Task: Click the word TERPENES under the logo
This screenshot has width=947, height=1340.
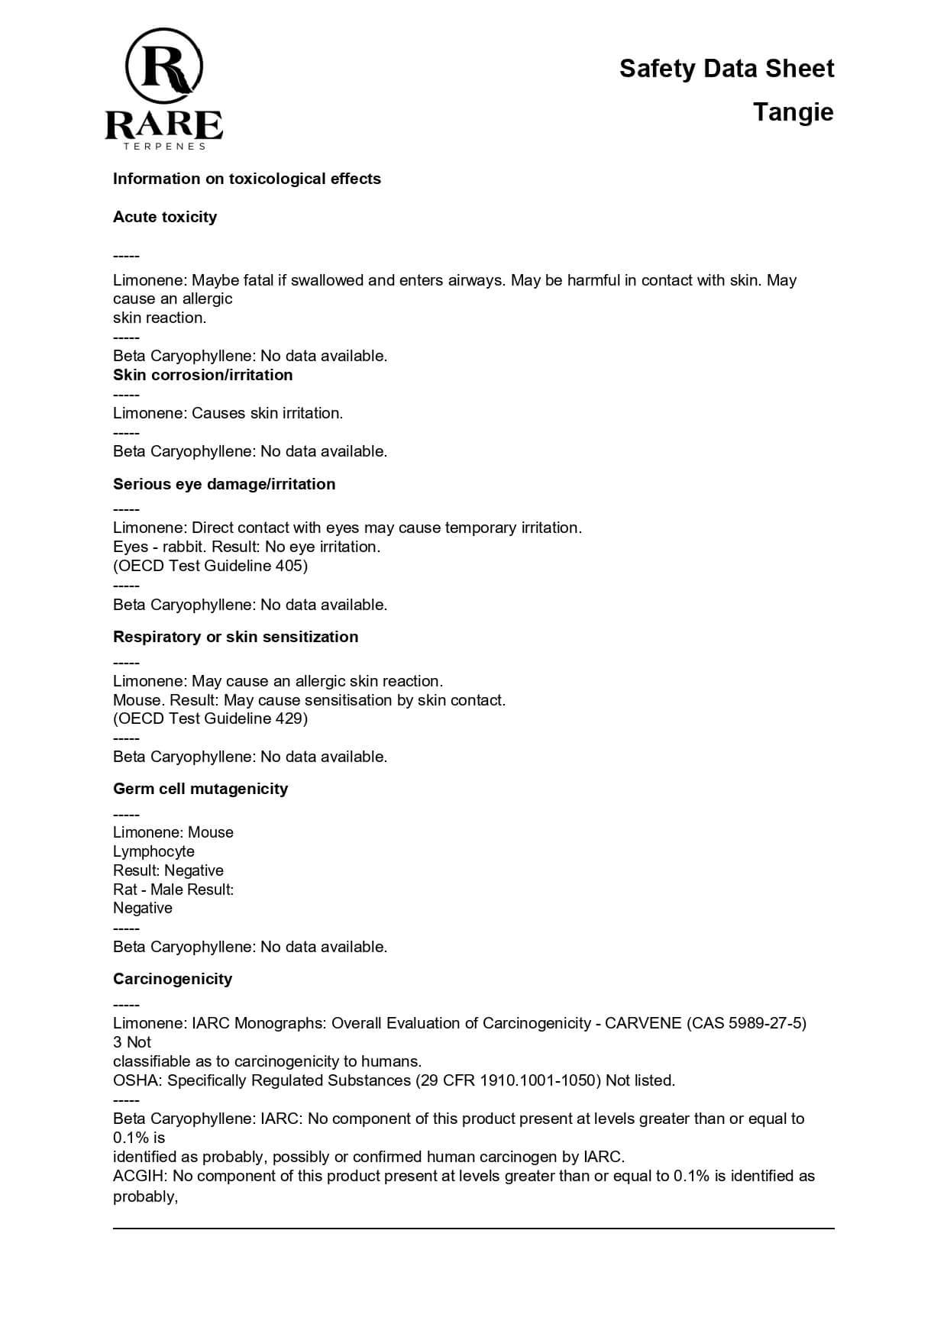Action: pyautogui.click(x=165, y=146)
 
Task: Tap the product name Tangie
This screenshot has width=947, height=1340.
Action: pyautogui.click(x=793, y=112)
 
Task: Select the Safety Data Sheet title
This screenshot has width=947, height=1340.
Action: pyautogui.click(x=726, y=69)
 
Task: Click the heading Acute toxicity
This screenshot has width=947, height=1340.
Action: pyautogui.click(x=165, y=217)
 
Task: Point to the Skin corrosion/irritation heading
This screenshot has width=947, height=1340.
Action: pyautogui.click(x=202, y=375)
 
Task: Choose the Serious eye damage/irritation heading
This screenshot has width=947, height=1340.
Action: pyautogui.click(x=224, y=484)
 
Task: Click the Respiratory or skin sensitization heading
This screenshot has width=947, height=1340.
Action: pyautogui.click(x=235, y=637)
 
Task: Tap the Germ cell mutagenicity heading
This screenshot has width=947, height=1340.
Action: pyautogui.click(x=200, y=789)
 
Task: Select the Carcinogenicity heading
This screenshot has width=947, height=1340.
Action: pyautogui.click(x=173, y=979)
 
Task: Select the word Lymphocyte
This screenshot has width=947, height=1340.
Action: pyautogui.click(x=154, y=851)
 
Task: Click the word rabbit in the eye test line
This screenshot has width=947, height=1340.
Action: pyautogui.click(x=183, y=547)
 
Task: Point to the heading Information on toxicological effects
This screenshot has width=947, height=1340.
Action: pyautogui.click(x=247, y=179)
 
